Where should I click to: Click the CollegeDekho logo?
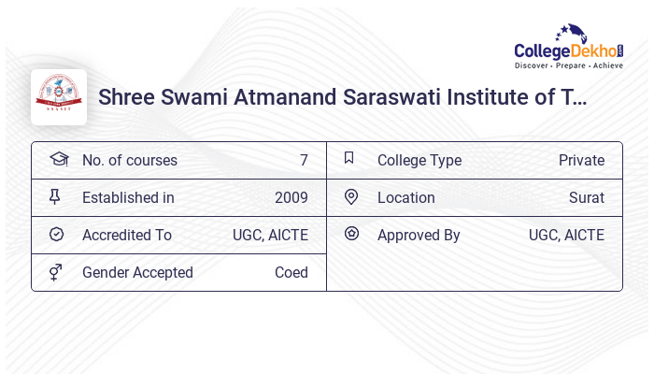coord(569,49)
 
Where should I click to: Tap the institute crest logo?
coord(59,97)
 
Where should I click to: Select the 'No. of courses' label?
coord(130,160)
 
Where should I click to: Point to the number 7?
coord(304,160)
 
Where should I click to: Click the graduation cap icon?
coord(58,159)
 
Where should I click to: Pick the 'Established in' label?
coord(128,197)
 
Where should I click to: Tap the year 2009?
coord(291,197)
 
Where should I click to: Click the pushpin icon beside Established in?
coord(55,196)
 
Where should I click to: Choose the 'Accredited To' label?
coord(127,235)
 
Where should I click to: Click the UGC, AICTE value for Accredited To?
coord(270,235)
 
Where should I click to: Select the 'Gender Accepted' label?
coord(137,272)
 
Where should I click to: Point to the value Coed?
coord(291,272)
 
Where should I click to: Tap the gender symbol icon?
coord(55,271)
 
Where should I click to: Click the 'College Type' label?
coord(419,160)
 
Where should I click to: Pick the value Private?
coord(581,160)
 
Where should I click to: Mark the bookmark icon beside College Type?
coord(349,158)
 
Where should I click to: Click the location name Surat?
coord(587,197)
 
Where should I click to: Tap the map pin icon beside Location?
coord(351,196)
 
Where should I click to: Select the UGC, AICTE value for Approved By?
coord(566,235)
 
